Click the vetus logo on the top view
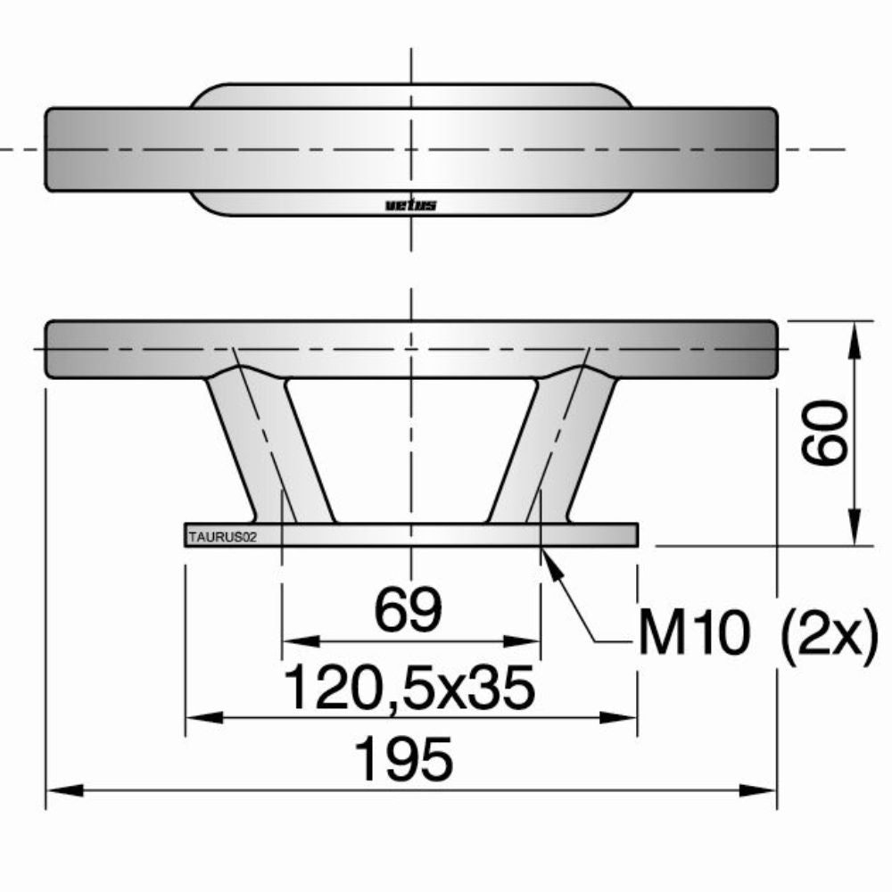[411, 205]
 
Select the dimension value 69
[409, 610]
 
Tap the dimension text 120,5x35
[409, 688]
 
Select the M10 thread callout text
[692, 634]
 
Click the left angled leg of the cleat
[268, 450]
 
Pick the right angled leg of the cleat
[553, 450]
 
